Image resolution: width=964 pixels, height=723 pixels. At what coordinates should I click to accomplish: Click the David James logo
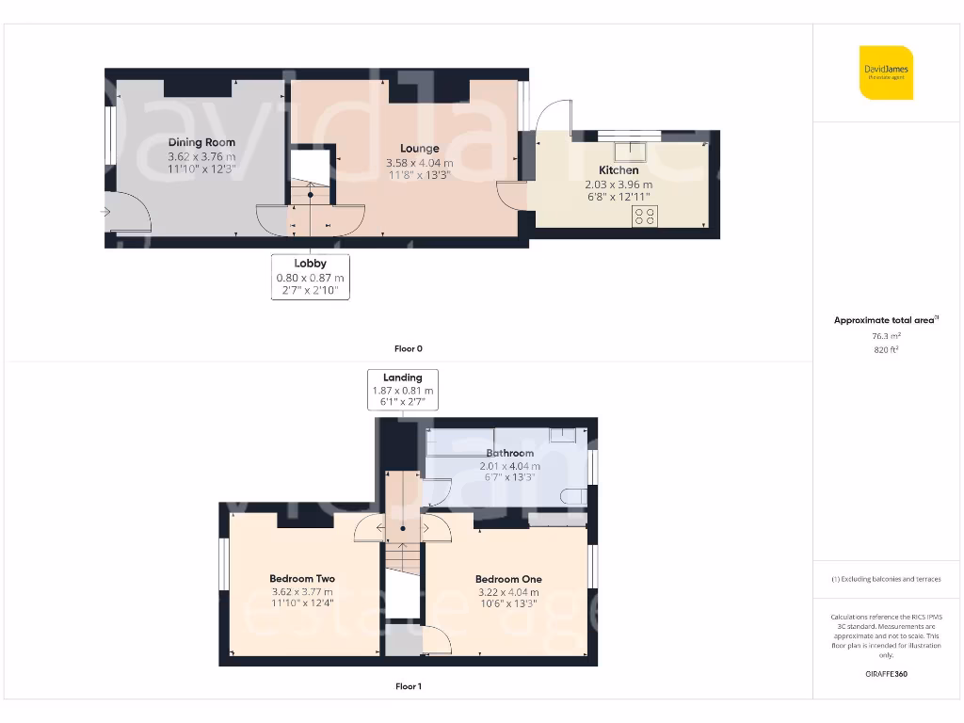[886, 72]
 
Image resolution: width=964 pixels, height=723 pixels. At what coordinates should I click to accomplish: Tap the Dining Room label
[201, 142]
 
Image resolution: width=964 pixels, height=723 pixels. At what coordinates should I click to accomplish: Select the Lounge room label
[419, 148]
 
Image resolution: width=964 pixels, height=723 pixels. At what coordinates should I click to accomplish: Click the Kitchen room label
[619, 170]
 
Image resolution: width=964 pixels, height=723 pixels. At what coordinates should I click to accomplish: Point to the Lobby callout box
[311, 277]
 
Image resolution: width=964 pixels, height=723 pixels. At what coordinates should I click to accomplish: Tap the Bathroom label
[510, 453]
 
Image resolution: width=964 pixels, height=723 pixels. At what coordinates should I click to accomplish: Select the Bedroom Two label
[301, 579]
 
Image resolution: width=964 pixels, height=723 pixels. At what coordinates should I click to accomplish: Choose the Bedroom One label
[508, 579]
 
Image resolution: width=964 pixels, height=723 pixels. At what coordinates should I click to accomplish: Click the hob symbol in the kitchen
[645, 216]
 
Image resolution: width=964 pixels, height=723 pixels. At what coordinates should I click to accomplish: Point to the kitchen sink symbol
[629, 150]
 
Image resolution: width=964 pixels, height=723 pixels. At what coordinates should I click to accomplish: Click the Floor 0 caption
[408, 348]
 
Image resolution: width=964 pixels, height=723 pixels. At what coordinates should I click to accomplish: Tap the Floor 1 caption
[408, 686]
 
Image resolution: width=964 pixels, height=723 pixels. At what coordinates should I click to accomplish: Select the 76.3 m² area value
[886, 335]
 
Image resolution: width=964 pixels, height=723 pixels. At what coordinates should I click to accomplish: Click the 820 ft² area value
[886, 349]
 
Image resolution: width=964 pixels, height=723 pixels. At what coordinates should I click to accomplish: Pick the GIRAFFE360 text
[886, 674]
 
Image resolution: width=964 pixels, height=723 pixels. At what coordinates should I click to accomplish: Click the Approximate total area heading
[886, 320]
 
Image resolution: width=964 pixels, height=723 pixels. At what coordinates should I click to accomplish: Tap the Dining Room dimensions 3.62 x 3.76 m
[201, 156]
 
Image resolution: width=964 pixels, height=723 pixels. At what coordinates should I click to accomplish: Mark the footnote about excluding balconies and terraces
[886, 579]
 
